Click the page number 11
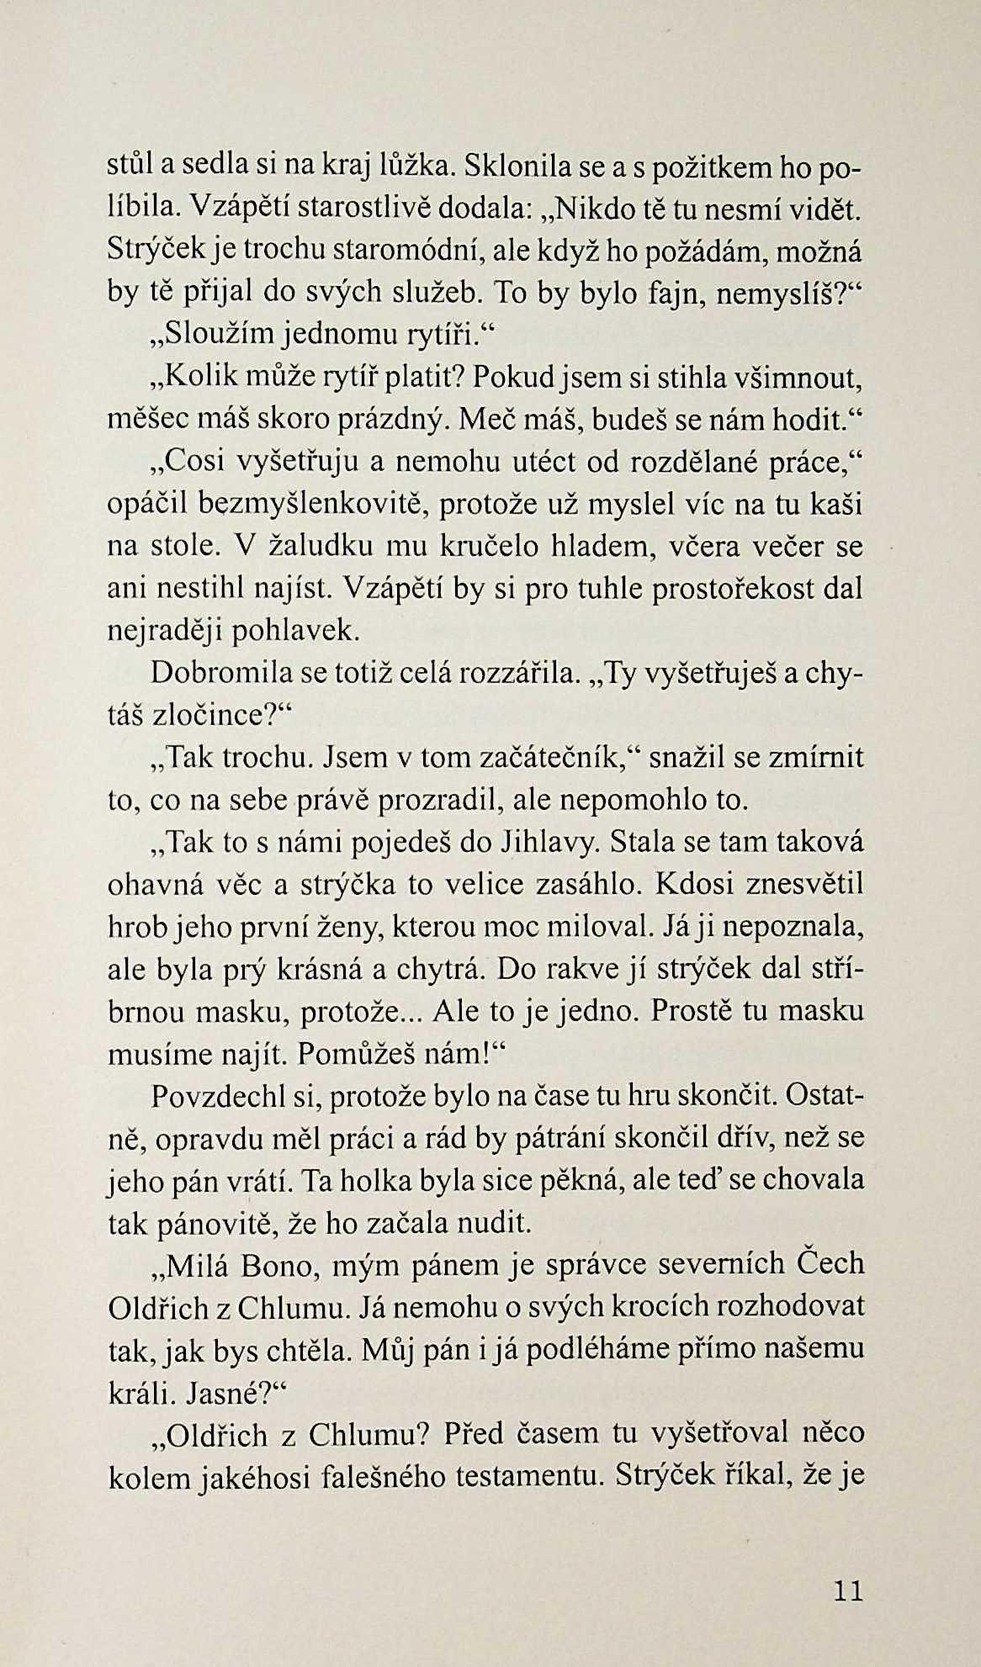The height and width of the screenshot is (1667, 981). (x=847, y=1590)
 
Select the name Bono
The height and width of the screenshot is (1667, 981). (x=281, y=1264)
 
